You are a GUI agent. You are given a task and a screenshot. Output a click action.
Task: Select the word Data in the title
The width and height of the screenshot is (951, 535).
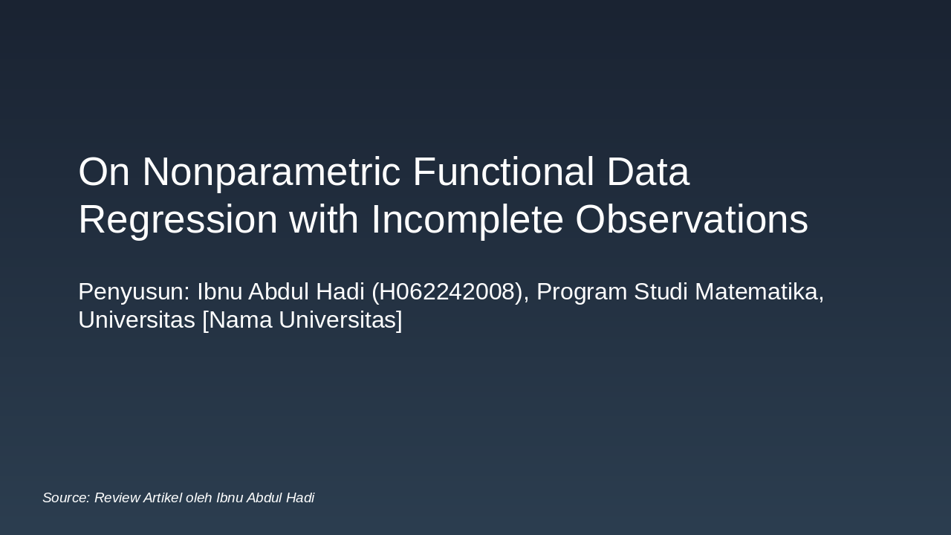648,172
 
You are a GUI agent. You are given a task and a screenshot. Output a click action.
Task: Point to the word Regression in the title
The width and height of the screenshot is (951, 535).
178,221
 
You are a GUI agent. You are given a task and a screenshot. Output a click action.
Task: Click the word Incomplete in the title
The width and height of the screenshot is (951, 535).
467,221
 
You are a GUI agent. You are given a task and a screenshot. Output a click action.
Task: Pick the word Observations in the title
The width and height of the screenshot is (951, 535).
691,221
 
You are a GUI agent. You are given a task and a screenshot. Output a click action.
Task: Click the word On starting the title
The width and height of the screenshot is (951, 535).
104,172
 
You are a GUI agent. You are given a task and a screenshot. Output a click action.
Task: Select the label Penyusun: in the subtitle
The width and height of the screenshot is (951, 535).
134,292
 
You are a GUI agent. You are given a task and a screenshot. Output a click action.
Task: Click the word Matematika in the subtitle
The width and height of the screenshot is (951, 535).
759,292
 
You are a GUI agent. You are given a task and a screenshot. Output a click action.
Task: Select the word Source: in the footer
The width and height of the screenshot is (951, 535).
66,498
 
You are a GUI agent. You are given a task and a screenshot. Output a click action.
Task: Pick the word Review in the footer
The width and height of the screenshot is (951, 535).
117,498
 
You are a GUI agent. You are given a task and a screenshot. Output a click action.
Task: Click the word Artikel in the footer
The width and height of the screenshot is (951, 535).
163,498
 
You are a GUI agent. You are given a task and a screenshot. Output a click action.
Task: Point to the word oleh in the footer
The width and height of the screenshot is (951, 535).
199,498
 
